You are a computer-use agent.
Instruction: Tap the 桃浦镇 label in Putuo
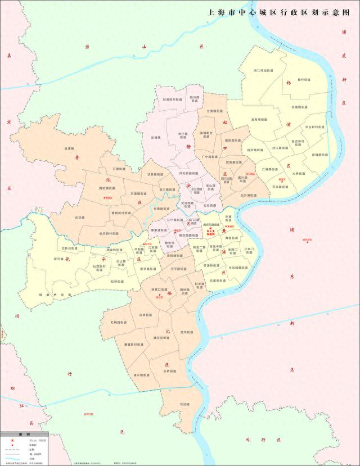(x=69, y=148)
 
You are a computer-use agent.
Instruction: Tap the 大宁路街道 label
(x=182, y=135)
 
